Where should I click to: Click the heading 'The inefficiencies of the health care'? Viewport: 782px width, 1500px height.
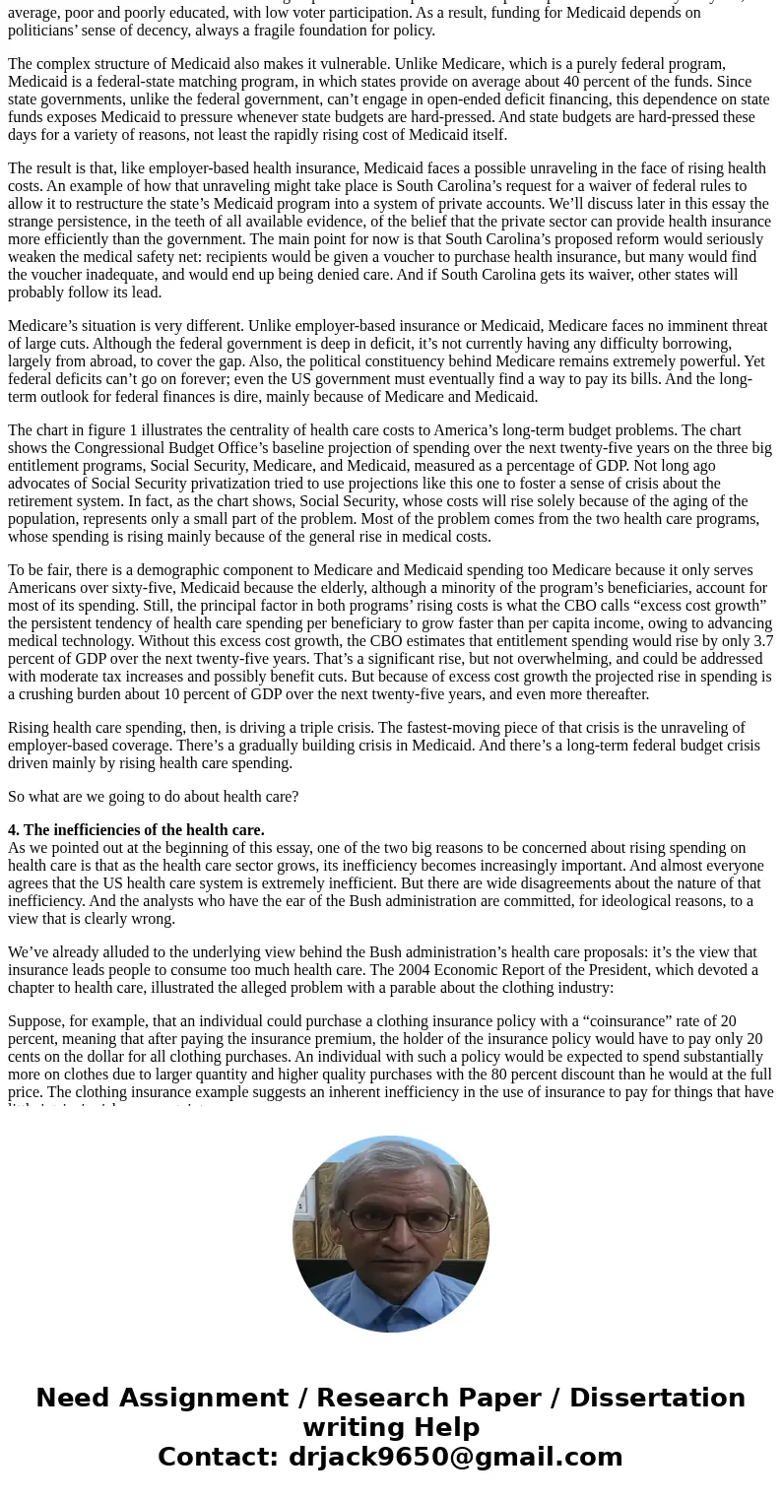coord(136,830)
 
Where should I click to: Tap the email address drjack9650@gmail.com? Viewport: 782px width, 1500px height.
coord(455,1457)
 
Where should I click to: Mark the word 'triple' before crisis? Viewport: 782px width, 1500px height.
coord(373,728)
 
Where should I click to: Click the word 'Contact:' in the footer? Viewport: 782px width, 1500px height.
coord(218,1457)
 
